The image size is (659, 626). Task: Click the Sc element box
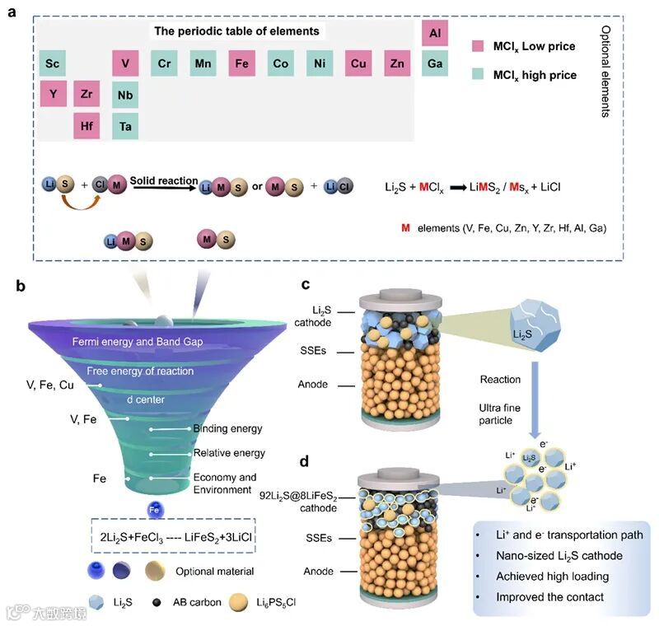(x=53, y=63)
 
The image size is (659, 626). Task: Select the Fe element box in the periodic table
(x=242, y=63)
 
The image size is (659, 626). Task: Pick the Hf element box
(x=86, y=126)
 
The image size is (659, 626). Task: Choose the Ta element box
(x=125, y=126)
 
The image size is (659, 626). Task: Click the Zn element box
(x=397, y=63)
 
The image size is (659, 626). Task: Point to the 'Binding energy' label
(x=227, y=429)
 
